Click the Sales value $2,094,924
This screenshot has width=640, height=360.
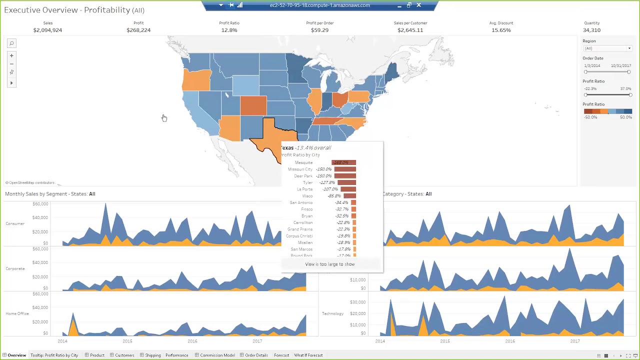click(47, 30)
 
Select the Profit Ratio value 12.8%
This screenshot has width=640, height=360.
click(229, 30)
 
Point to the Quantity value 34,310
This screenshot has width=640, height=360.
click(591, 30)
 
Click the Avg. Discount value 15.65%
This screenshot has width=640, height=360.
click(500, 30)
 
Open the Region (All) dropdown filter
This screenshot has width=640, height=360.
click(607, 48)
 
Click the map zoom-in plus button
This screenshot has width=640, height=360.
click(11, 55)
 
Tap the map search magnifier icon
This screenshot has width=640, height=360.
click(11, 43)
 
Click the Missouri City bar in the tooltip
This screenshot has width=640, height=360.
click(345, 169)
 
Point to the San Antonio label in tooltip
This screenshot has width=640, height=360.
click(301, 202)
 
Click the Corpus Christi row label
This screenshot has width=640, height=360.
click(299, 236)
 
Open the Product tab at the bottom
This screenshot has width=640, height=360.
click(97, 355)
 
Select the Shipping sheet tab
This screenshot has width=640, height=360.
click(152, 355)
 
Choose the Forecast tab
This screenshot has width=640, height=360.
click(281, 355)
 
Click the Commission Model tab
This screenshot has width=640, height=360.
click(217, 355)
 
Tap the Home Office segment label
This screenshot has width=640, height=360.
click(17, 313)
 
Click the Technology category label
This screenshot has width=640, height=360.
click(332, 313)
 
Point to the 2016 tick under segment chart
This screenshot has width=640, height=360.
click(192, 341)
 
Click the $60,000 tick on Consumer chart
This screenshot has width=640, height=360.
click(40, 204)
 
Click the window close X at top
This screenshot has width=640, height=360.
click(418, 5)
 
